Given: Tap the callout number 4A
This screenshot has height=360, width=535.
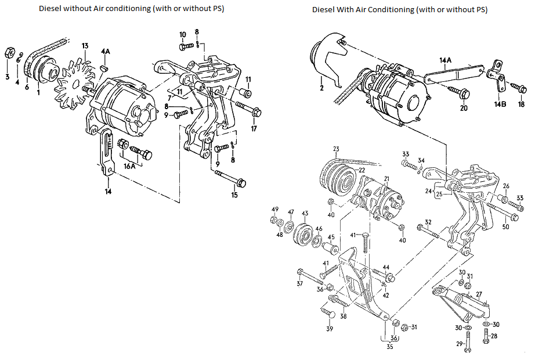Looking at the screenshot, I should pyautogui.click(x=105, y=52).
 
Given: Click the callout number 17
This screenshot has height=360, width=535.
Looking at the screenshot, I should pyautogui.click(x=253, y=128).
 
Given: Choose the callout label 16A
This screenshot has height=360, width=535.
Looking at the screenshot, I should pyautogui.click(x=129, y=165).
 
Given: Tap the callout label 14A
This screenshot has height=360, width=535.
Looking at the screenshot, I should pyautogui.click(x=445, y=60).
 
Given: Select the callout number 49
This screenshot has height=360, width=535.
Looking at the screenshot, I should pyautogui.click(x=275, y=209).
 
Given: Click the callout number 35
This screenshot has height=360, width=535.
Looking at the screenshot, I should pyautogui.click(x=389, y=347).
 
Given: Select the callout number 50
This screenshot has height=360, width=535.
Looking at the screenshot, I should pyautogui.click(x=505, y=226).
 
